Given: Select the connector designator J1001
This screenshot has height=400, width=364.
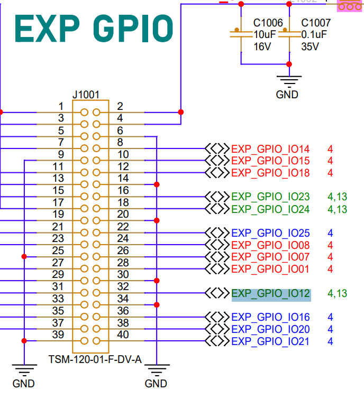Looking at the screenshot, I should point(86,95).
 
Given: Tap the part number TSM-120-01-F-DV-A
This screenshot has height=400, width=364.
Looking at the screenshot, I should point(95,360).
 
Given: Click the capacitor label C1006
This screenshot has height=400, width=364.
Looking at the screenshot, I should point(268,23).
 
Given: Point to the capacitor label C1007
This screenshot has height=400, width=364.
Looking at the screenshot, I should point(316,23).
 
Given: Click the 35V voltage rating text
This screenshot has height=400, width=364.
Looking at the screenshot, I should point(310,46).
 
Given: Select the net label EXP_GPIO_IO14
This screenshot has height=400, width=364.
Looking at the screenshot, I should point(270,149).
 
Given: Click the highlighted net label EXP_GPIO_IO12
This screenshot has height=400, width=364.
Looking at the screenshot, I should point(271,293).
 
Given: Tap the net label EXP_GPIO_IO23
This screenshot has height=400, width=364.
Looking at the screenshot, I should point(270,197).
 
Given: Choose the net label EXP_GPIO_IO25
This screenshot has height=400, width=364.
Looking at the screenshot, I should point(270,233).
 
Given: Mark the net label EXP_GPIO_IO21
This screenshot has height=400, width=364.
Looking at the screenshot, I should point(270,341).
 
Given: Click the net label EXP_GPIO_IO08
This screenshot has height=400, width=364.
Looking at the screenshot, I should point(270,245).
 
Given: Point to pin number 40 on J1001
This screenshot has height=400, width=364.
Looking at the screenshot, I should point(123,334).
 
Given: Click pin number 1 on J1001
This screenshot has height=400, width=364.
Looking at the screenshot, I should point(61,106).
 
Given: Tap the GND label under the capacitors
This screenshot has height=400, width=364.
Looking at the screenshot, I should point(287,95).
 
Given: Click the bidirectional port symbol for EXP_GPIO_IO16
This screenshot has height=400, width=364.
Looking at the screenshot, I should point(217,317).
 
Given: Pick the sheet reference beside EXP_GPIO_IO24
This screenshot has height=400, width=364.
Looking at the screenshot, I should point(337,209).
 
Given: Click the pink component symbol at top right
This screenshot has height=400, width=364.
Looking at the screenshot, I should point(349,5).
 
